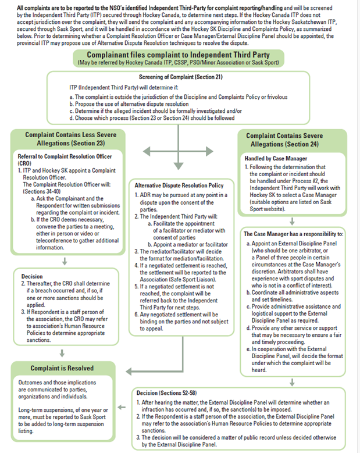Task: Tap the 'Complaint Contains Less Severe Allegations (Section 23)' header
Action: [70, 139]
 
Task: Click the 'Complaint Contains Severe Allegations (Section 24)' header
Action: [293, 139]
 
